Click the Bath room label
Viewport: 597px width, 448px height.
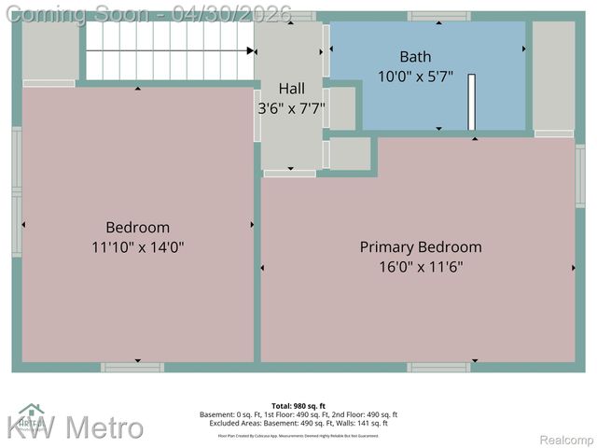[x=415, y=56]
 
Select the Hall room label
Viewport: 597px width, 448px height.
[x=292, y=88]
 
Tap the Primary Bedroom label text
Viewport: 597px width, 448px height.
[x=421, y=247]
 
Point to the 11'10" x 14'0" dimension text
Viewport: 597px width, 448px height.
[x=138, y=247]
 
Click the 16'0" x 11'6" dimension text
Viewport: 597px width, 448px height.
[x=421, y=267]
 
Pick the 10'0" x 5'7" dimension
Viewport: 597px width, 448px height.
[x=415, y=76]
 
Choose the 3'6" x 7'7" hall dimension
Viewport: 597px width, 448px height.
[x=292, y=108]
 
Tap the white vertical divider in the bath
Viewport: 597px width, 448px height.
[x=472, y=101]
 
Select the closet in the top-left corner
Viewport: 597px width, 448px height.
[x=49, y=50]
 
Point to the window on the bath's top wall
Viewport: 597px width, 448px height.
[x=439, y=17]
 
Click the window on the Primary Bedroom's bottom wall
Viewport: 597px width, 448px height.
[x=439, y=367]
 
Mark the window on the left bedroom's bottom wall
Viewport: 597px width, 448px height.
[x=132, y=367]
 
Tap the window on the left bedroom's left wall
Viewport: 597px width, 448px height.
[x=17, y=192]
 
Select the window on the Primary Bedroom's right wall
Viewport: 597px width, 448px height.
[x=580, y=175]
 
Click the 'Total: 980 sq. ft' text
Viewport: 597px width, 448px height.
[x=298, y=405]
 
